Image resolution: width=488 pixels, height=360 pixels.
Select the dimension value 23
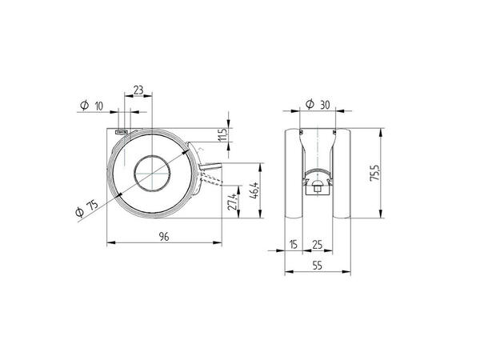[x=138, y=91]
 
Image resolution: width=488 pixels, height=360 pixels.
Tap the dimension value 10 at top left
[x=99, y=106]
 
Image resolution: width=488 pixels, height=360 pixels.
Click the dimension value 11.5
[x=225, y=135]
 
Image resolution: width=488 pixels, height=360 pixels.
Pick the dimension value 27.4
[x=233, y=202]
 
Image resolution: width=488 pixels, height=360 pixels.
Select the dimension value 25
[x=318, y=243]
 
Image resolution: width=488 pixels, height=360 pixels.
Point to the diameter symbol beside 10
[x=84, y=106]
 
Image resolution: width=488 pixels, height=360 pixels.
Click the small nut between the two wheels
[x=318, y=190]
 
